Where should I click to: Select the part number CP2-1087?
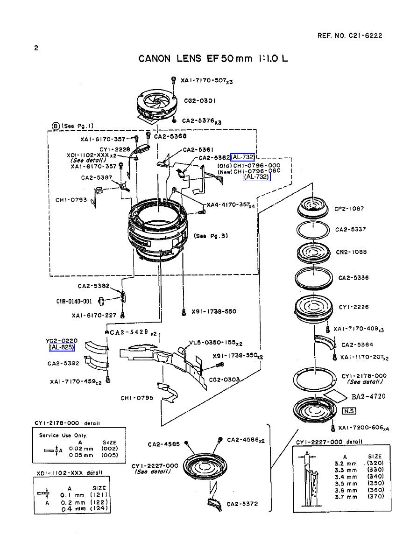pos(349,209)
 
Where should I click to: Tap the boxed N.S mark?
pos(349,411)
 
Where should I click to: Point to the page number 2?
pos(36,48)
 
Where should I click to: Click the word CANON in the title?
pos(156,59)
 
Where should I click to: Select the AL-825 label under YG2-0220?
pos(62,347)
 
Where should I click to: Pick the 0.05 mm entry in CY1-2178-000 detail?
pos(81,455)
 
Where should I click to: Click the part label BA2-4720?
pos(368,396)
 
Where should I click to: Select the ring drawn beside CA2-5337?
pos(313,230)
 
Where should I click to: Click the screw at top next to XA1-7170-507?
pos(174,81)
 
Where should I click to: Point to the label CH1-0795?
pos(136,398)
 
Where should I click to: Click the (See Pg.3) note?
pos(211,236)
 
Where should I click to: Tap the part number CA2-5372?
pos(242,504)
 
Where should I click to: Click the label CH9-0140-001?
pos(74,301)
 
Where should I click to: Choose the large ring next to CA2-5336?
pos(313,278)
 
